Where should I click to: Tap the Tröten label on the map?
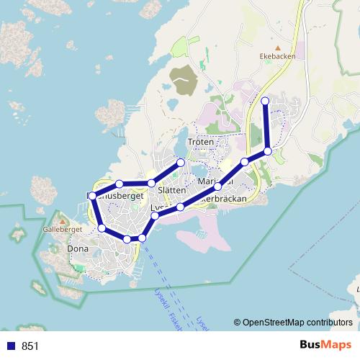point(201,143)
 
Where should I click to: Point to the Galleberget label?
point(63,229)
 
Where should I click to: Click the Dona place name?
point(78,249)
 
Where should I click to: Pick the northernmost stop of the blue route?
point(265,101)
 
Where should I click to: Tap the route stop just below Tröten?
point(181,163)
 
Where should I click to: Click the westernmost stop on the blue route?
point(91,195)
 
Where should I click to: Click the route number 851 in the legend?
point(30,346)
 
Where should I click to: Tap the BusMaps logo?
point(326,345)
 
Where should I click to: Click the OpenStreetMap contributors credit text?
point(297,323)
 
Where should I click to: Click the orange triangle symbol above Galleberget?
point(63,220)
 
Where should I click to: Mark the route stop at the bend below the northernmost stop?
point(268,151)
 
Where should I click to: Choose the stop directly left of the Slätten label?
point(151,184)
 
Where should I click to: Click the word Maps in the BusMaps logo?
point(336,345)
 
